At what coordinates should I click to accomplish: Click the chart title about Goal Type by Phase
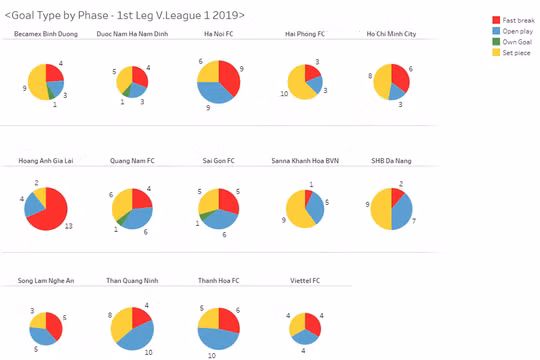pos(125,16)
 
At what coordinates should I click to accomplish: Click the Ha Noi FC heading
pos(216,34)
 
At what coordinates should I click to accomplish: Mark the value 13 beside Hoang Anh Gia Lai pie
pos(68,226)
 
